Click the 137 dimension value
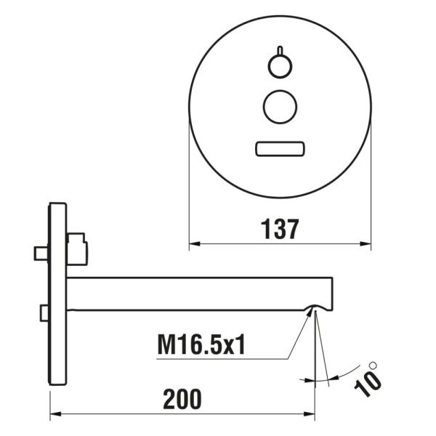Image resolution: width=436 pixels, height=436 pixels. pyautogui.click(x=280, y=229)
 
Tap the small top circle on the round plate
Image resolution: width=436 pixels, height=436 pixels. pyautogui.click(x=279, y=68)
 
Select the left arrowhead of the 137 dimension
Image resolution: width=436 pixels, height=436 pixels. pyautogui.click(x=194, y=245)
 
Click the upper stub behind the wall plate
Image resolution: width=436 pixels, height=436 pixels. pyautogui.click(x=41, y=253)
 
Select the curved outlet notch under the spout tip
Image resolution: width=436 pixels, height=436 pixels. pyautogui.click(x=314, y=307)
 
